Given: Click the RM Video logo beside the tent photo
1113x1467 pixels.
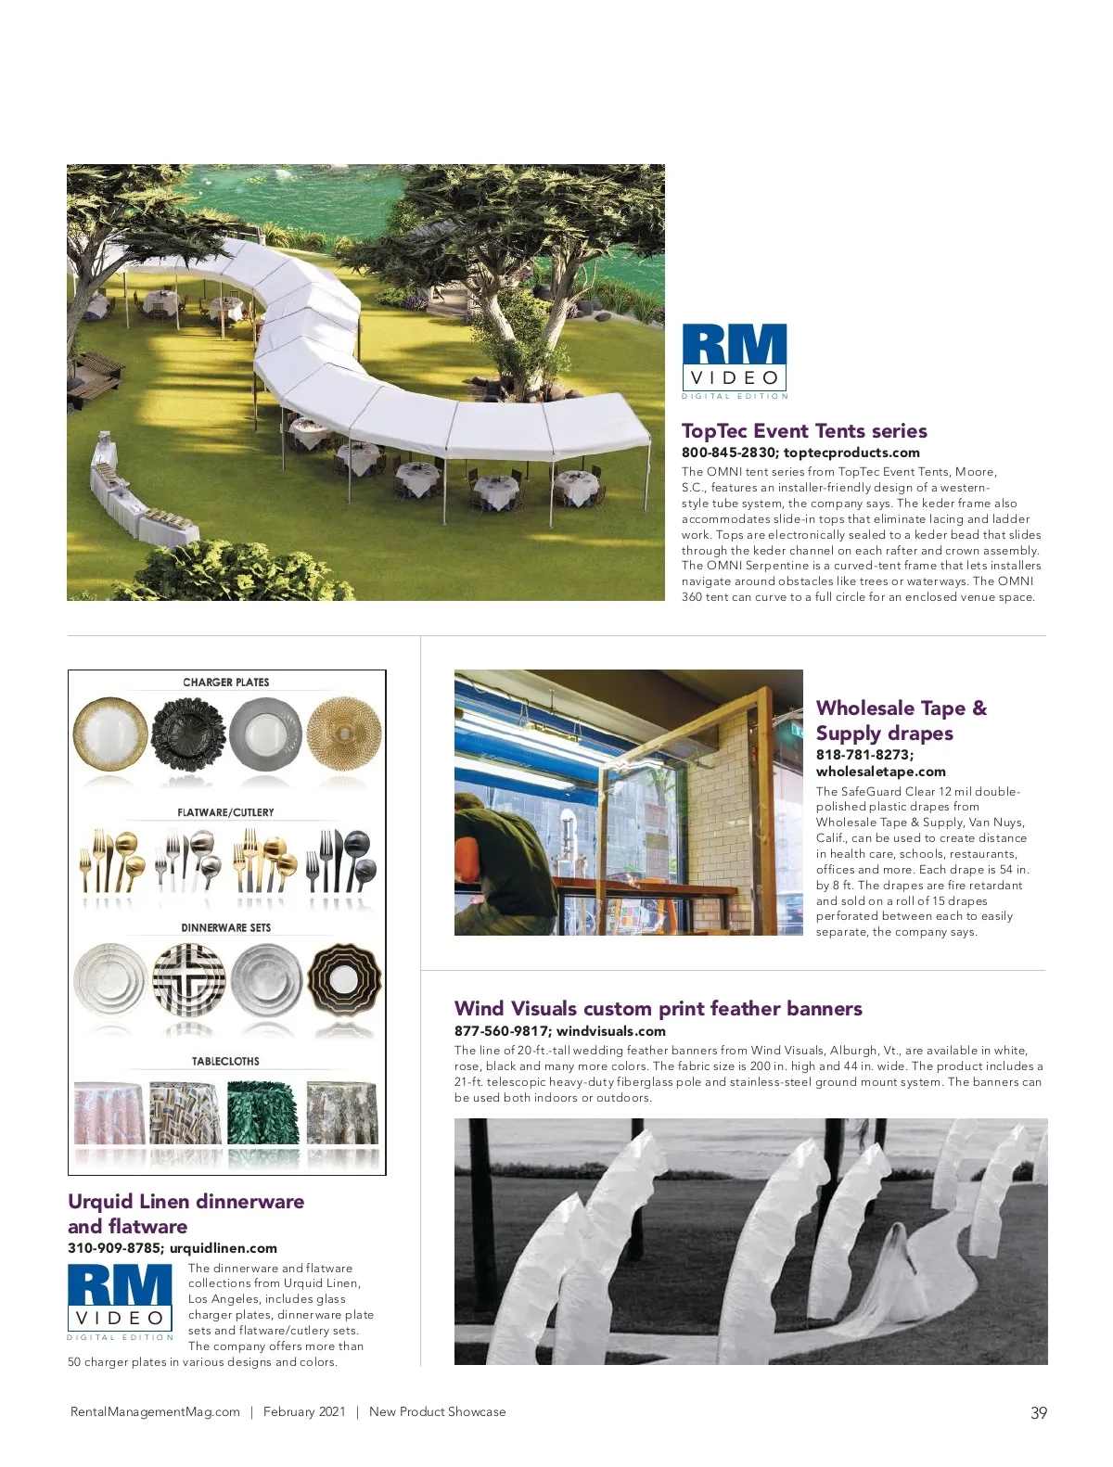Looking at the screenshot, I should pos(735,360).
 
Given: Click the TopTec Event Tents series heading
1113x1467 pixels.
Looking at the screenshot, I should pos(804,431).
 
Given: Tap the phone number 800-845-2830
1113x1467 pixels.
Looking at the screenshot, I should pos(729,453).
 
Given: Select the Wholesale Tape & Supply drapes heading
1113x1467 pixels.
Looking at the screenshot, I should pos(901,721).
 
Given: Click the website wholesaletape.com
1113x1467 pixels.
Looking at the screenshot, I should pos(880,772).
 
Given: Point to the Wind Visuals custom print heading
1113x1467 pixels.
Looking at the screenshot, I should pos(658,1009).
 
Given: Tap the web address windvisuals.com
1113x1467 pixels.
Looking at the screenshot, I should pos(611,1031).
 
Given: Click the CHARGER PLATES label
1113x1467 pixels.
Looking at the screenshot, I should pos(226,682).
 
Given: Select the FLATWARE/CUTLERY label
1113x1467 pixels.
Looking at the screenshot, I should pos(226,812).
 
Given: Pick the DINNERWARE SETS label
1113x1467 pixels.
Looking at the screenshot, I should pos(226,927).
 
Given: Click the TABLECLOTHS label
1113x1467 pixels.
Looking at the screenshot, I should pos(226,1061).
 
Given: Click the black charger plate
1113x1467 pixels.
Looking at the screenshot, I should pos(188,733).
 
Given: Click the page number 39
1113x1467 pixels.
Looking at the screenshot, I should pos(1039,1413).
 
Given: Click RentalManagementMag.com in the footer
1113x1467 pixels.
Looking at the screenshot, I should pos(155,1412).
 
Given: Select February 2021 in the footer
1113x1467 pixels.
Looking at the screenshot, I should pos(304,1412).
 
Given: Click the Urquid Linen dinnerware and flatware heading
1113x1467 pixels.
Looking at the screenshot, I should pos(185,1214).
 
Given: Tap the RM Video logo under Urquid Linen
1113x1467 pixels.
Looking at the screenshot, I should pos(121,1302).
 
